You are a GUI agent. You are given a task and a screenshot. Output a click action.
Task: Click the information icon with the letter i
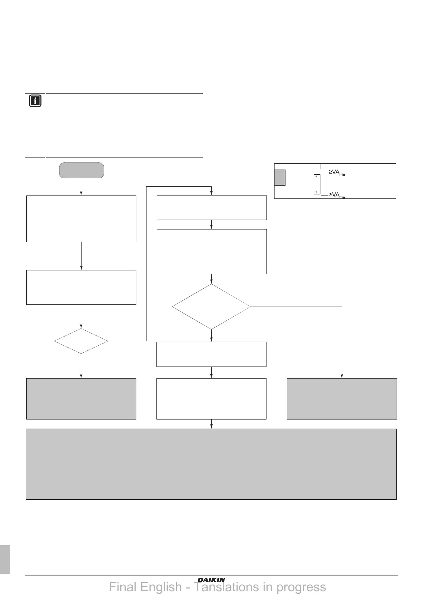coord(35,101)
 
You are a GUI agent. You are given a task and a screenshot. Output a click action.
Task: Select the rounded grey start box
coord(82,170)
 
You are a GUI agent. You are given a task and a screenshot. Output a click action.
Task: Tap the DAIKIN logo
coord(211,580)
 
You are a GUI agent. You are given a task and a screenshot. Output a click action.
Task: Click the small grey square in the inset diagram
coord(280,178)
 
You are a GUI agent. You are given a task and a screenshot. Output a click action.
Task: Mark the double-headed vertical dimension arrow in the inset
coord(316,184)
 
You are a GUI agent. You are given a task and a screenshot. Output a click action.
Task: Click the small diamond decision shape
coord(81,341)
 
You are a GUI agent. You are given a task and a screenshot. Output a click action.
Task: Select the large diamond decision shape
coord(211,307)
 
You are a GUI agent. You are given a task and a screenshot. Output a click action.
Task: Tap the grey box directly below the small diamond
coord(81,399)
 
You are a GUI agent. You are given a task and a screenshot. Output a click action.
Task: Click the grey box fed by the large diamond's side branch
coord(342,399)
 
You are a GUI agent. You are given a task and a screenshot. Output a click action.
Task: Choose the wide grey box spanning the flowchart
coord(211,464)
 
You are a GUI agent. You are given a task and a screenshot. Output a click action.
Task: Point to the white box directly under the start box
coord(81,219)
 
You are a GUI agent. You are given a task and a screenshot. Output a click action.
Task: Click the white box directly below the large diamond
coord(211,354)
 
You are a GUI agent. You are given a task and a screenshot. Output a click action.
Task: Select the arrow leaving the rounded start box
coord(81,187)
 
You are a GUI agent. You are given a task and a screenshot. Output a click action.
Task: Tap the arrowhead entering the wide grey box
coord(211,426)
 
